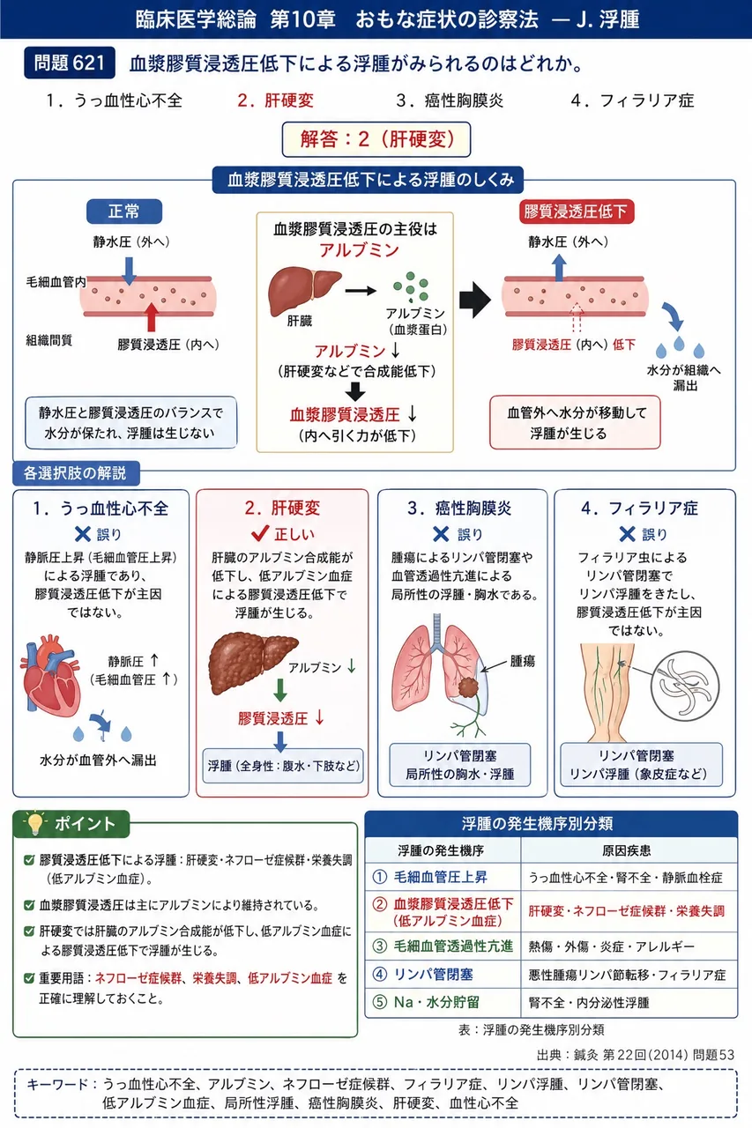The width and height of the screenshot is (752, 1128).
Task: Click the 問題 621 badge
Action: pyautogui.click(x=70, y=63)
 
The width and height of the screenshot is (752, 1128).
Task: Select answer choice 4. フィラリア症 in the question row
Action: pyautogui.click(x=632, y=100)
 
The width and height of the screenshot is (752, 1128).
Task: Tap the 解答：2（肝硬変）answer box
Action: pyautogui.click(x=376, y=139)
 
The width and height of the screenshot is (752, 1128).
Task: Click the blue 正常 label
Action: pyautogui.click(x=124, y=211)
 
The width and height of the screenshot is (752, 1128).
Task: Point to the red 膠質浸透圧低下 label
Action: pyautogui.click(x=577, y=211)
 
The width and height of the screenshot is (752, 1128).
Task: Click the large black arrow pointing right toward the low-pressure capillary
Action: pyautogui.click(x=475, y=299)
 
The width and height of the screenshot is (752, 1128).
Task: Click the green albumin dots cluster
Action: pyautogui.click(x=411, y=286)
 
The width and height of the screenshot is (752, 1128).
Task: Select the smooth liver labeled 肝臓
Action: pyautogui.click(x=303, y=291)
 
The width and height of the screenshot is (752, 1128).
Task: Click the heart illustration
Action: pyautogui.click(x=50, y=675)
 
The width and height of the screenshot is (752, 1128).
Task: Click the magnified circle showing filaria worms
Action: pyautogui.click(x=685, y=686)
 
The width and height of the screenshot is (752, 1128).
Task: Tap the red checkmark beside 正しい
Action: pyautogui.click(x=260, y=533)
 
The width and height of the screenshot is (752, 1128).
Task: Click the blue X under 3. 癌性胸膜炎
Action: pyautogui.click(x=441, y=534)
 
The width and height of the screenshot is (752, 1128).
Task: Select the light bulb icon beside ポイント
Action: pyautogui.click(x=34, y=823)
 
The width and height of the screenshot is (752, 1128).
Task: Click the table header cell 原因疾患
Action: pyautogui.click(x=626, y=850)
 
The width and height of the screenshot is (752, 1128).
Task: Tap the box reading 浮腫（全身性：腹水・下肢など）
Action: pyautogui.click(x=283, y=766)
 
